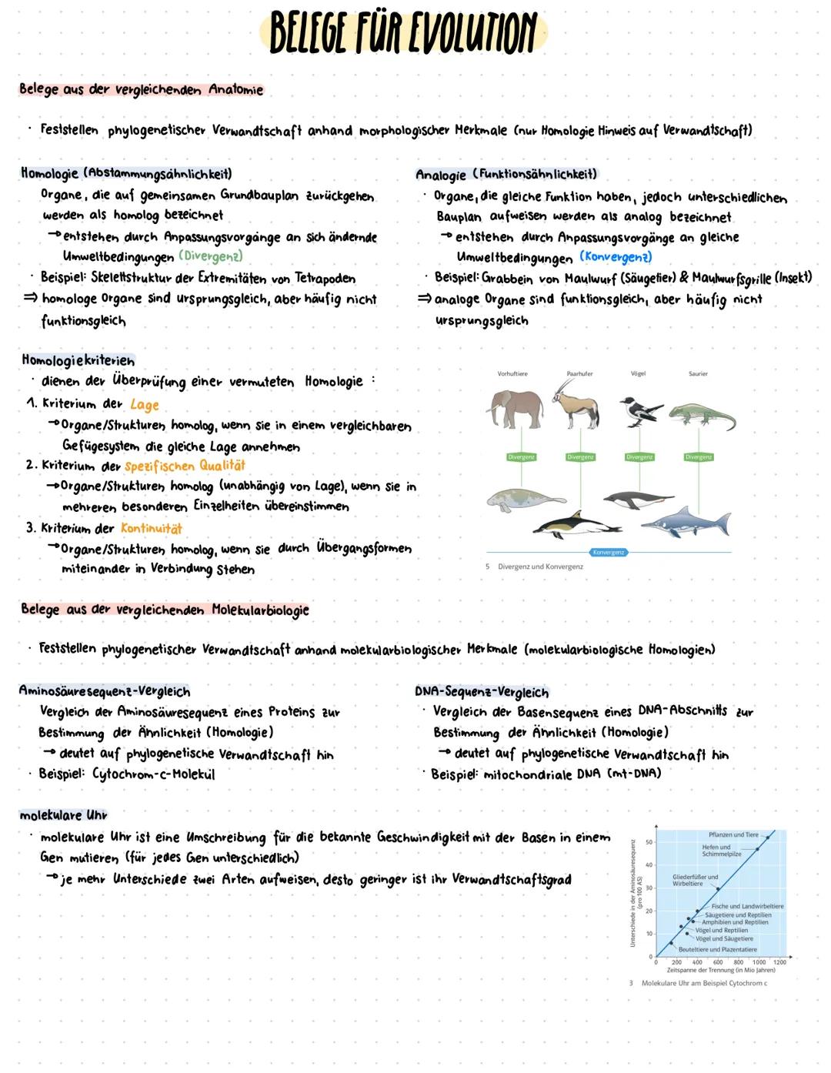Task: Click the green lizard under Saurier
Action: pos(700,416)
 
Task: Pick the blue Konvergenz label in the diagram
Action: pos(609,552)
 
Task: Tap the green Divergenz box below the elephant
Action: pos(521,456)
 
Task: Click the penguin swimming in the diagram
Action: pos(639,500)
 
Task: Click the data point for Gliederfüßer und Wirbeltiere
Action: pos(718,888)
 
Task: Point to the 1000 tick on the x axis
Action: pos(759,961)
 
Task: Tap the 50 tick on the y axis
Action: pos(649,842)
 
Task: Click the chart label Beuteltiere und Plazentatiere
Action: pos(717,949)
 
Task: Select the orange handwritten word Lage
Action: pos(144,404)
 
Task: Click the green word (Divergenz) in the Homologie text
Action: pos(210,256)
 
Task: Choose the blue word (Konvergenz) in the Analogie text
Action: pos(616,256)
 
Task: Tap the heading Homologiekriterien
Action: pos(78,360)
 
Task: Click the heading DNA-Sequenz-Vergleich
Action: pos(482,691)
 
